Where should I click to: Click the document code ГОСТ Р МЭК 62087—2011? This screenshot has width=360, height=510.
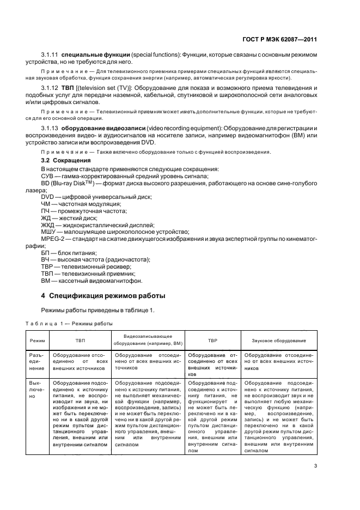279,39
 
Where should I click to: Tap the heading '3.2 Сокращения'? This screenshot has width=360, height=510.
61,161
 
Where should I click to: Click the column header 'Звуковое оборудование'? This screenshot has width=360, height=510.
278,341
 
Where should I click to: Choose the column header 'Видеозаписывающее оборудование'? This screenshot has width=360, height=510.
148,341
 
